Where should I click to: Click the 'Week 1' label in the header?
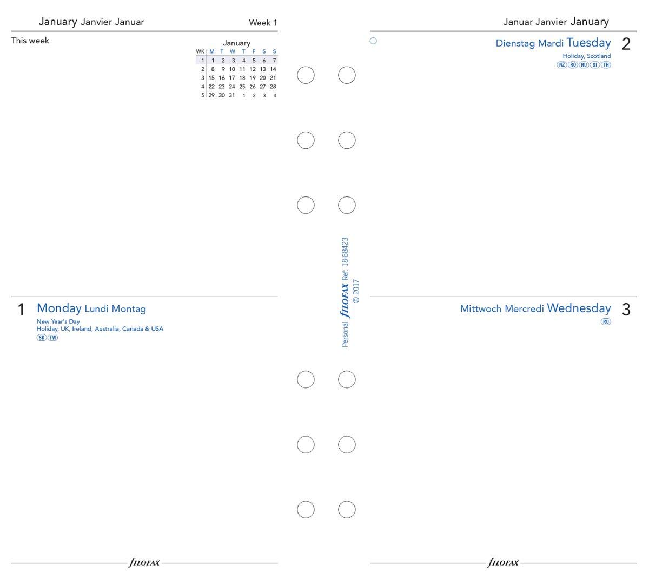[263, 23]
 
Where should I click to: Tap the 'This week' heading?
[30, 41]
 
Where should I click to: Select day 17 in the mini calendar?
[232, 77]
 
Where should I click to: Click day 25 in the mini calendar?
[242, 86]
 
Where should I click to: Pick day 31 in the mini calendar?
[232, 95]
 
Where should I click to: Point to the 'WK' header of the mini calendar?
[200, 52]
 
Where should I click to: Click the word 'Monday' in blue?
[59, 308]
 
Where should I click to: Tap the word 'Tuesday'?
[588, 43]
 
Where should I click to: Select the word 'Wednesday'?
[579, 308]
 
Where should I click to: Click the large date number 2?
[626, 44]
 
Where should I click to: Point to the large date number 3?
[626, 310]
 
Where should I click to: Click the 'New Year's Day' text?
[58, 321]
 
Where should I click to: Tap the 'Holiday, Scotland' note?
[586, 56]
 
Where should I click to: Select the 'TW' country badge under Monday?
[52, 338]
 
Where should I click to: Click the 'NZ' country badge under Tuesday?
[562, 65]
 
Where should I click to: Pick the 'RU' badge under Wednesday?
[606, 321]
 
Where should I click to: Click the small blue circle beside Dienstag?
[373, 41]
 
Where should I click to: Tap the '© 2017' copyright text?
[356, 291]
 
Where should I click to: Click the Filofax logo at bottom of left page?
[144, 563]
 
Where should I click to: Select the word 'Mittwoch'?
[480, 309]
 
